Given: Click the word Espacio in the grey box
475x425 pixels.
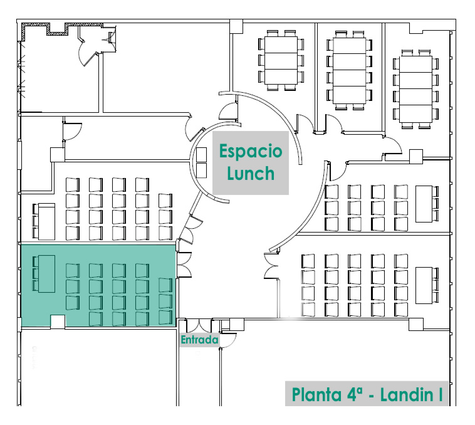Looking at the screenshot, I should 250,152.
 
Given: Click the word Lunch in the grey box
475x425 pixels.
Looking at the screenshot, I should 251,173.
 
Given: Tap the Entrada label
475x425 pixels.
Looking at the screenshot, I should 199,340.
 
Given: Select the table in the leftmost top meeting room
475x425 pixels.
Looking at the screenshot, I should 280,60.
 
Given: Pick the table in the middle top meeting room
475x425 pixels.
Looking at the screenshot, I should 348,70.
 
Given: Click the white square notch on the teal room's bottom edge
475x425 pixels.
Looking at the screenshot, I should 58,322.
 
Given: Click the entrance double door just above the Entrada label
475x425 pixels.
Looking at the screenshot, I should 199,327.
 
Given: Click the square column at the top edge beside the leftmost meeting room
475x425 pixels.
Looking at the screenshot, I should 236,26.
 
